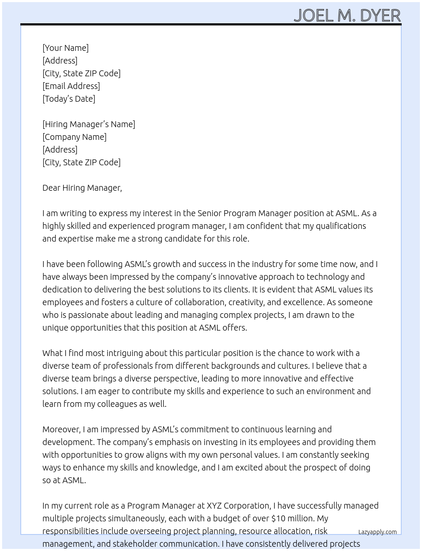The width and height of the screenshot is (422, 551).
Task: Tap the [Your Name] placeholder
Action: (x=65, y=48)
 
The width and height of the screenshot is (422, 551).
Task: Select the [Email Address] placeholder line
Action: (x=71, y=86)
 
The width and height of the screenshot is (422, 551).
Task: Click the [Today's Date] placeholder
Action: (x=69, y=99)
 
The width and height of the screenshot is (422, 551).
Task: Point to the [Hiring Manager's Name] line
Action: (x=89, y=124)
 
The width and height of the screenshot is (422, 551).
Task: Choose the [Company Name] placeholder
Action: (x=74, y=137)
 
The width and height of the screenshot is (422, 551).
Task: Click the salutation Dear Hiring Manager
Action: (x=82, y=188)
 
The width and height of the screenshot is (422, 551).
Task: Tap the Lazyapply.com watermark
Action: (x=377, y=532)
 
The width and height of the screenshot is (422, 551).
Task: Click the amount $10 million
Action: (x=293, y=518)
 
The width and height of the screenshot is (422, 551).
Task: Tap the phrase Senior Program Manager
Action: (x=244, y=213)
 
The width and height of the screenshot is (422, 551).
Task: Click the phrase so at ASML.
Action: (x=64, y=480)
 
